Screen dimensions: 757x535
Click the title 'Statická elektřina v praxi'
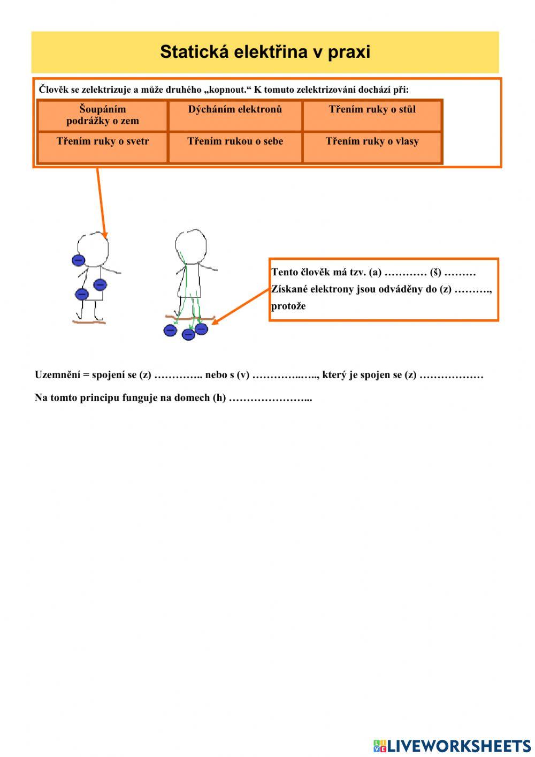265,52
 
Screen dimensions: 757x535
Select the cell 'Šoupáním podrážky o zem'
103,115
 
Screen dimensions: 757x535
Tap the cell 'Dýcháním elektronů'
235,110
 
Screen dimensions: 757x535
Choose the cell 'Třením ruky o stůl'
372,110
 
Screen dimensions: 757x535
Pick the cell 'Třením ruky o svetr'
103,142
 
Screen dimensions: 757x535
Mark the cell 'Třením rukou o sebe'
235,142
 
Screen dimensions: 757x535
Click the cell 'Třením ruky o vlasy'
372,142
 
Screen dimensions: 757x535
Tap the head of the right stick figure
191,245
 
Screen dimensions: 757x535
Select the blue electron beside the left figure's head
79,260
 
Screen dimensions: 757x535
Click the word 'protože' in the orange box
288,306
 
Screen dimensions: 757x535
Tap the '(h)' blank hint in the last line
219,398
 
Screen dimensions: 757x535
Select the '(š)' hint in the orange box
435,273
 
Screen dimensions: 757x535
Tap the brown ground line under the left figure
89,322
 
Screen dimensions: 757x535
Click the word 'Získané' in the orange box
289,289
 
